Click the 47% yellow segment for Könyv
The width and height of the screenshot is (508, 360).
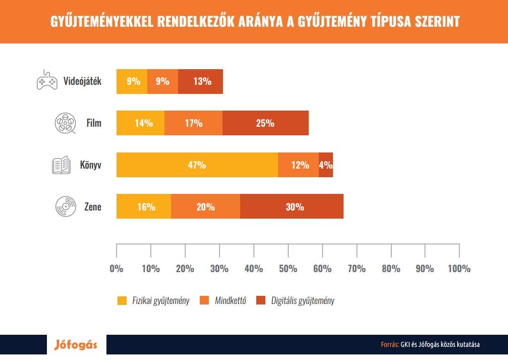pyautogui.click(x=197, y=165)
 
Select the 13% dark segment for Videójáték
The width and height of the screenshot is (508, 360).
pyautogui.click(x=200, y=81)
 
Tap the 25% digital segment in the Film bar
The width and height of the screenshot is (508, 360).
pyautogui.click(x=265, y=123)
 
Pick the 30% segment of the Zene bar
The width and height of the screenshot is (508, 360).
pyautogui.click(x=292, y=207)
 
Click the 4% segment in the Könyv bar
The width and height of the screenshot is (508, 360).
pyautogui.click(x=326, y=165)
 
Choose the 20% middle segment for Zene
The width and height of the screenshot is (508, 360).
pyautogui.click(x=205, y=207)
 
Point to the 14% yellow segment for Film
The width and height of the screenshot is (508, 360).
pyautogui.click(x=140, y=123)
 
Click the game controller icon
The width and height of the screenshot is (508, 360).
pyautogui.click(x=47, y=81)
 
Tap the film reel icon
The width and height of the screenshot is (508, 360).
pyautogui.click(x=65, y=123)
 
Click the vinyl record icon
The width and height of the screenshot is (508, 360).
pyautogui.click(x=65, y=207)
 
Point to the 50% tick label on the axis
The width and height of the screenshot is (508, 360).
pyautogui.click(x=288, y=268)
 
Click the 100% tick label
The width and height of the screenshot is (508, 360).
pyautogui.click(x=459, y=268)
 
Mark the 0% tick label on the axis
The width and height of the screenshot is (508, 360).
pyautogui.click(x=117, y=268)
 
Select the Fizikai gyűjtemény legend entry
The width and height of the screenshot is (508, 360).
pyautogui.click(x=153, y=301)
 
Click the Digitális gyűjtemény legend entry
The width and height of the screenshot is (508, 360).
pyautogui.click(x=295, y=301)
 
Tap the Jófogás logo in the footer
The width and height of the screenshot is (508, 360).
pyautogui.click(x=76, y=346)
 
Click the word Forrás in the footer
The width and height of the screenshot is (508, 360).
pyautogui.click(x=389, y=345)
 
